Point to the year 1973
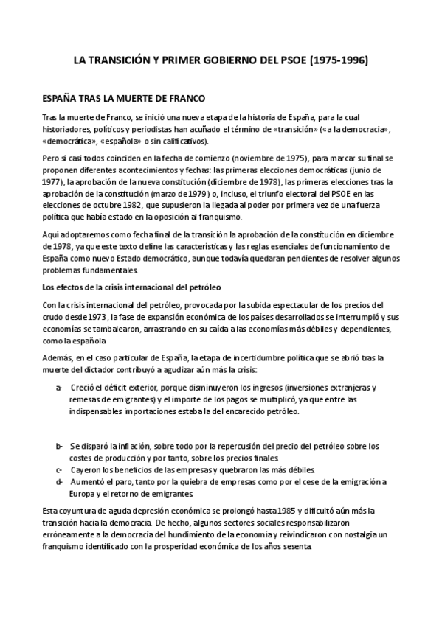[x=106, y=316]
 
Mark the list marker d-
[x=59, y=481]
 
